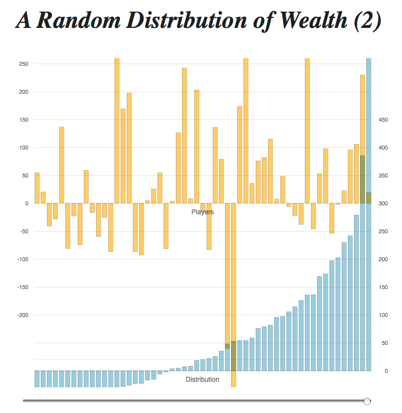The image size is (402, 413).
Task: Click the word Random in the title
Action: (79, 20)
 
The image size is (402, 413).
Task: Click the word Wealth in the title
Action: (313, 20)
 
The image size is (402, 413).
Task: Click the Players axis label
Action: (203, 212)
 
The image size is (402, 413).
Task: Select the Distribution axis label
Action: (202, 380)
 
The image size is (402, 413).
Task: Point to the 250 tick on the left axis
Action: (23, 64)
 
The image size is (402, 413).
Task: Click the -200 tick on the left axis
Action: (23, 315)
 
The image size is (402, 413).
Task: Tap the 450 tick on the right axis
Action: (383, 120)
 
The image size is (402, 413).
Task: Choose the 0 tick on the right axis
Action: (386, 371)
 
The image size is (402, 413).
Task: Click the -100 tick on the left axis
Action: (23, 259)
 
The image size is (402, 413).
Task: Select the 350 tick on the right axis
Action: (383, 176)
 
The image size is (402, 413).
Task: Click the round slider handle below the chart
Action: (367, 401)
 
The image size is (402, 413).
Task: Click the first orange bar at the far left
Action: (37, 188)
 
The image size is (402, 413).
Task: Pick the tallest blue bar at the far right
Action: (369, 214)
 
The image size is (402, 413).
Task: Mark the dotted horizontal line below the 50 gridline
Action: (203, 359)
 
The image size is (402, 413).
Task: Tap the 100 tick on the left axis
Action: (23, 148)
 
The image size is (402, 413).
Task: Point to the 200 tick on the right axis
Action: (383, 259)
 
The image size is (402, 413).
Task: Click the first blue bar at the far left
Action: (37, 379)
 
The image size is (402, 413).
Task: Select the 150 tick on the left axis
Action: (23, 120)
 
